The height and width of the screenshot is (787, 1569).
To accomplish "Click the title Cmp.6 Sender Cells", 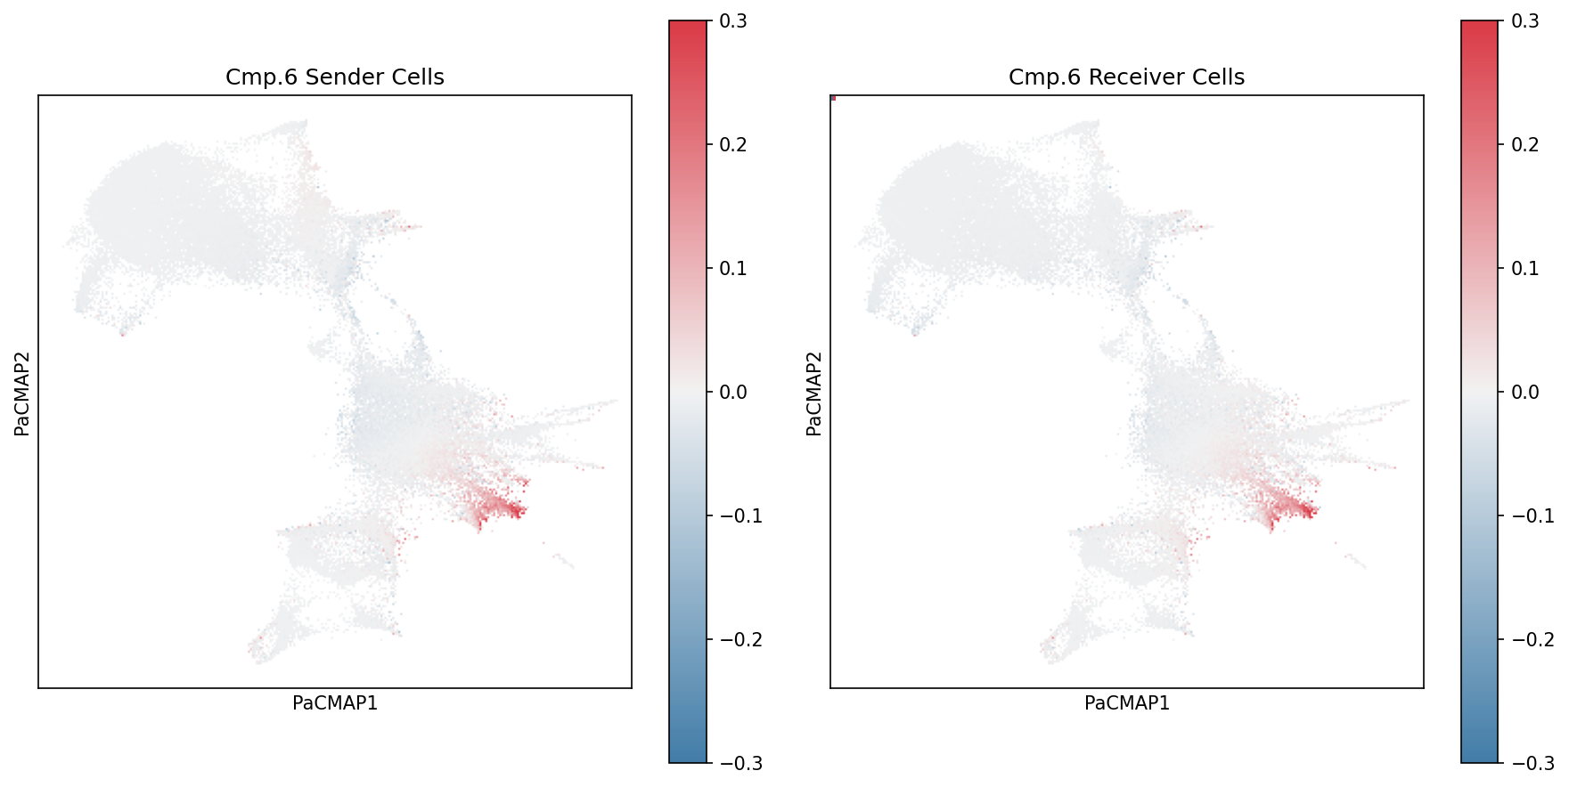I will [334, 77].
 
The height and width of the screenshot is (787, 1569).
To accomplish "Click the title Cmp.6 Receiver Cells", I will [1126, 77].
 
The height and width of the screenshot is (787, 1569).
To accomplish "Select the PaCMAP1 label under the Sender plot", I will [335, 703].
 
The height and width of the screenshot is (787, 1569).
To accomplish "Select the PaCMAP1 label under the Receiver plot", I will [1126, 703].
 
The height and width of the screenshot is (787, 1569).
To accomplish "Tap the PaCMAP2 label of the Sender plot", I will [22, 393].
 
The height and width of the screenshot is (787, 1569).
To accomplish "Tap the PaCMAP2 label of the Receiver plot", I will [813, 393].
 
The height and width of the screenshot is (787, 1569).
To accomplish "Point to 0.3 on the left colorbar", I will [733, 21].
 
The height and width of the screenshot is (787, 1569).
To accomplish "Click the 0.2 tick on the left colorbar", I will [733, 145].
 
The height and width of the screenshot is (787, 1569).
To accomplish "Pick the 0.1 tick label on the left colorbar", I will [733, 269].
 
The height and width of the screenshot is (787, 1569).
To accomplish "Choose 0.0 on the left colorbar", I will [733, 393].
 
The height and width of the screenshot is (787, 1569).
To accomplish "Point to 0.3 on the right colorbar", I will [1525, 21].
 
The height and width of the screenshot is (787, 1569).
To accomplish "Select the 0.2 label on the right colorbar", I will [1525, 145].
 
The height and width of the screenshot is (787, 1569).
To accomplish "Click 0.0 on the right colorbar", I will [1525, 393].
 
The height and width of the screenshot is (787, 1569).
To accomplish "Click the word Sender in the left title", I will [335, 77].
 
